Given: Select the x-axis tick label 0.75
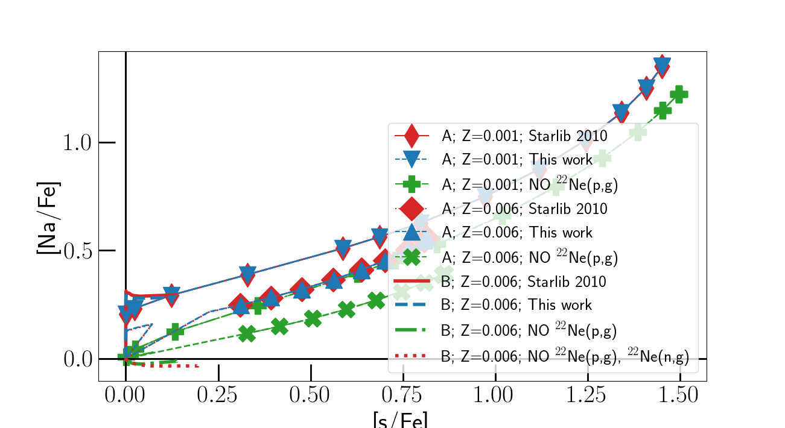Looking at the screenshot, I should pyautogui.click(x=402, y=396).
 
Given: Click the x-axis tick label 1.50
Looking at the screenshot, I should pyautogui.click(x=679, y=396).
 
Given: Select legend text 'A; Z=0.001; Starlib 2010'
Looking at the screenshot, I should pyautogui.click(x=524, y=136).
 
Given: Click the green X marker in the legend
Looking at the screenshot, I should pyautogui.click(x=411, y=257).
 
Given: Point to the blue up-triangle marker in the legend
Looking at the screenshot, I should pyautogui.click(x=411, y=232).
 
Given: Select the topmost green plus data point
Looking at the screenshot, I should pyautogui.click(x=679, y=94).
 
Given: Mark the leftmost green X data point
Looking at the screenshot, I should pyautogui.click(x=246, y=333).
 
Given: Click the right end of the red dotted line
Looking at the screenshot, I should pyautogui.click(x=199, y=366).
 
